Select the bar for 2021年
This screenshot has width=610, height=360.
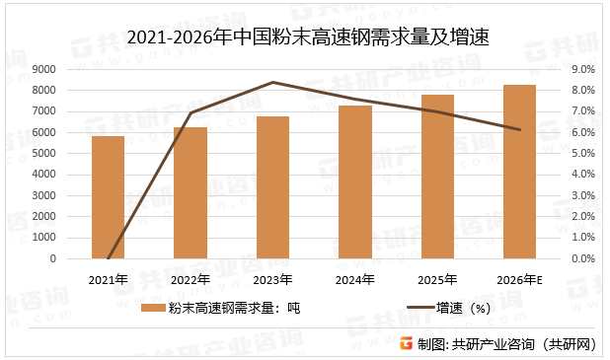coord(108,197)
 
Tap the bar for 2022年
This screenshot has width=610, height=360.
coord(191,193)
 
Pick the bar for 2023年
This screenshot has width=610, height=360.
coord(272,187)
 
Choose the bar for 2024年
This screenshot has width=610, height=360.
coord(354,182)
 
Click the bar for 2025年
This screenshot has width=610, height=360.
coord(437,177)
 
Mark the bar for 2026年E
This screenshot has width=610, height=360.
coord(519,172)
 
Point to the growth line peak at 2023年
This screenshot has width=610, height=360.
coord(272,82)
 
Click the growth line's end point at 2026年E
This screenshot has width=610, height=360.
coord(519,129)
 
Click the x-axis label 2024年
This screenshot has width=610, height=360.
coord(354,279)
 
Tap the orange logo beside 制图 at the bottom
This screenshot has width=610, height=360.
coord(405,343)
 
